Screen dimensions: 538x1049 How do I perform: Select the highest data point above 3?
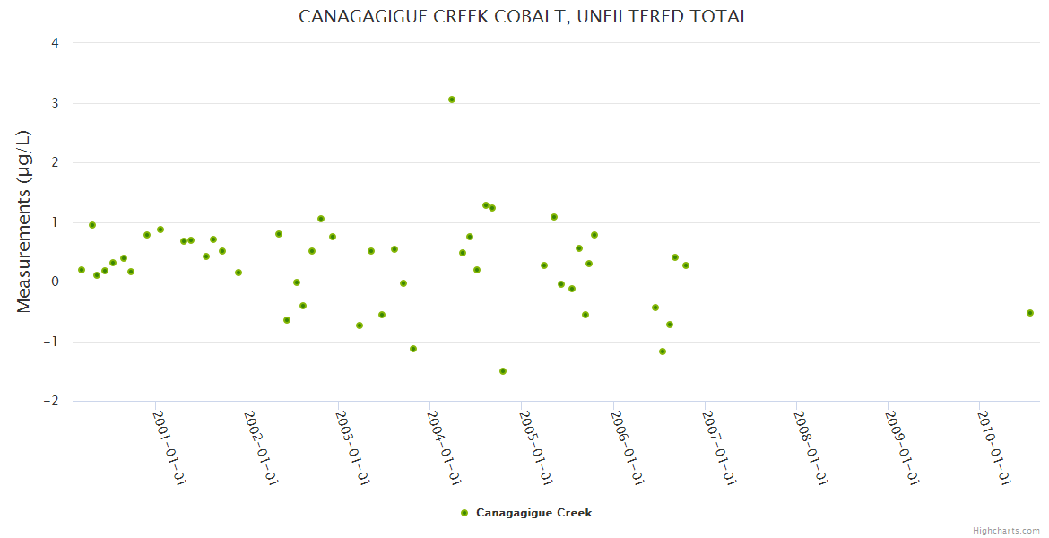coord(452,100)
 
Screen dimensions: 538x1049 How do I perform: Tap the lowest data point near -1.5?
coord(503,371)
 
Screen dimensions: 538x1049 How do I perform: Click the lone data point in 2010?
coord(1030,313)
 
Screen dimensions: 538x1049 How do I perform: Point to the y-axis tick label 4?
coord(55,43)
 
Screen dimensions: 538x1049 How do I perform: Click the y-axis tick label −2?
coord(50,401)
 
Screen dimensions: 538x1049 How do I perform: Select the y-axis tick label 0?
coord(55,282)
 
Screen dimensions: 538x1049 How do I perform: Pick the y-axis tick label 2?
coord(55,162)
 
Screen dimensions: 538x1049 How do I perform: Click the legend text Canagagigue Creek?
coord(533,513)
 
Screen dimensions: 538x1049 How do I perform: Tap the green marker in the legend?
coord(464,513)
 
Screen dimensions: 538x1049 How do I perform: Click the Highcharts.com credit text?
coord(1006,531)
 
